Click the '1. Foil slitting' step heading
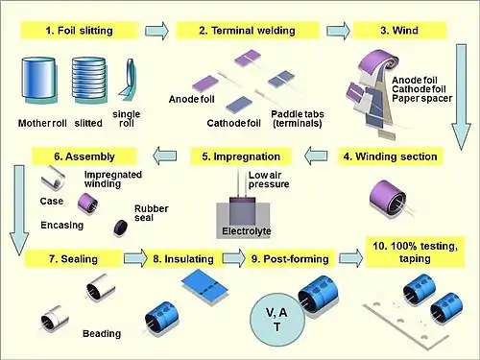[x=80, y=31]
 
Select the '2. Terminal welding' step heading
[x=247, y=31]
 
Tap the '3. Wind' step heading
[x=399, y=31]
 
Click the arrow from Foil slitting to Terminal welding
[x=156, y=31]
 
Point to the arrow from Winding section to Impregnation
[x=316, y=156]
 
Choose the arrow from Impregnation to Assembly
[x=164, y=156]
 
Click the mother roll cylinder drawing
[x=39, y=80]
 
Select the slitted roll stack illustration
[x=88, y=80]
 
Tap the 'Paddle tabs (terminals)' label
[x=298, y=119]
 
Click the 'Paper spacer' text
[x=422, y=98]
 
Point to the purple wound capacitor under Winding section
[x=388, y=198]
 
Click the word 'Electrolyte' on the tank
[x=247, y=231]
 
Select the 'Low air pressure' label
[x=269, y=180]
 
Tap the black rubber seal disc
[x=121, y=228]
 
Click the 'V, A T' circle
[x=277, y=320]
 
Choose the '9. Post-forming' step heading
[x=290, y=259]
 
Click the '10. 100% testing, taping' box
[x=415, y=252]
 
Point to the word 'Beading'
[x=102, y=334]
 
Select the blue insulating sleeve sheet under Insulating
[x=204, y=287]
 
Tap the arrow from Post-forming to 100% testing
[x=350, y=258]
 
